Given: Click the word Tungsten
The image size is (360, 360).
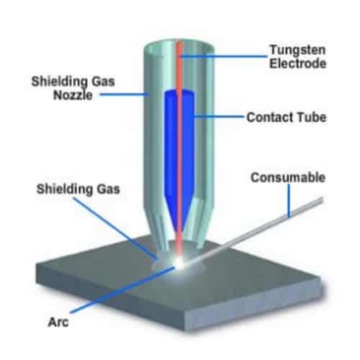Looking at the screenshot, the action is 298,50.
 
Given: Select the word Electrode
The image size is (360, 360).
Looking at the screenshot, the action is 298,63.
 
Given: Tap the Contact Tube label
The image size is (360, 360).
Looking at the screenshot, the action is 287,117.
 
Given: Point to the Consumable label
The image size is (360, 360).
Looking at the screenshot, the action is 288,178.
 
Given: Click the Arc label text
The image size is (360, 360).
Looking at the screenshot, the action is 58,322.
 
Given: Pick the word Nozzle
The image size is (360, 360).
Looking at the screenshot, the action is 73,95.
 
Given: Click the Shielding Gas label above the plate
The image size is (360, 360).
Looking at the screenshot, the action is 78,189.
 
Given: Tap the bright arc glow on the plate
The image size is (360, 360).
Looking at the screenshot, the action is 179,263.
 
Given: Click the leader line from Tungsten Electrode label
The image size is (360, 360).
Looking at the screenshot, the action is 223,57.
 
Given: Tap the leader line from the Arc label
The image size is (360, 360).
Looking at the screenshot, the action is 122,290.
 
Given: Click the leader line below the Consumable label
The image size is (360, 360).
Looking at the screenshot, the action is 289,201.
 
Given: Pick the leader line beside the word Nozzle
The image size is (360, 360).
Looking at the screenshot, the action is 125,94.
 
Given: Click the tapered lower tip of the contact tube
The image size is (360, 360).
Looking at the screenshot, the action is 179,216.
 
